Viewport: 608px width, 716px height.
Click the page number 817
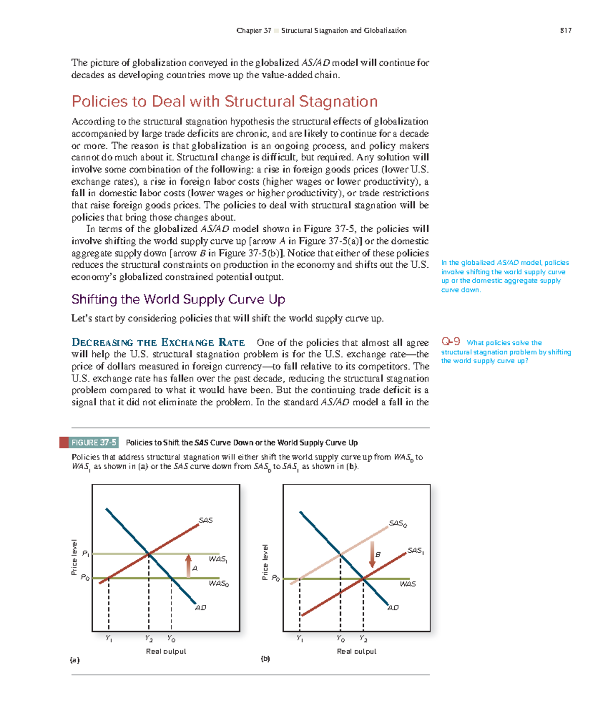pyautogui.click(x=565, y=30)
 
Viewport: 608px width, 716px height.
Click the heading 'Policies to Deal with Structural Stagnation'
pyautogui.click(x=224, y=101)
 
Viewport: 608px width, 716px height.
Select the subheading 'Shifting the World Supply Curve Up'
pyautogui.click(x=178, y=299)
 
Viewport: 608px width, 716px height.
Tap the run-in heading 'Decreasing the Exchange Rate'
pyautogui.click(x=158, y=342)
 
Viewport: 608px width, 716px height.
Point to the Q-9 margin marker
pyautogui.click(x=450, y=342)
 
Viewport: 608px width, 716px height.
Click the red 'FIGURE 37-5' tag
pyautogui.click(x=93, y=442)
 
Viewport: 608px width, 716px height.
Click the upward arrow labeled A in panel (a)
pyautogui.click(x=188, y=565)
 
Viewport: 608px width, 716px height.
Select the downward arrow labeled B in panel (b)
pyautogui.click(x=372, y=554)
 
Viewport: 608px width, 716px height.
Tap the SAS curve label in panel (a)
pyautogui.click(x=206, y=520)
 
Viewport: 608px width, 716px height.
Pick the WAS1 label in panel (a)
pyautogui.click(x=218, y=559)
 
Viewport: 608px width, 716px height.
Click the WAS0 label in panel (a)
pyautogui.click(x=219, y=584)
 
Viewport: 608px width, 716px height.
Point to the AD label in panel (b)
pyautogui.click(x=393, y=607)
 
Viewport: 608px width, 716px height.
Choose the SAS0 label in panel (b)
pyautogui.click(x=398, y=523)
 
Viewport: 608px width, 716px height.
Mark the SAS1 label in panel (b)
pyautogui.click(x=415, y=550)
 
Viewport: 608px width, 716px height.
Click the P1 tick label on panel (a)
pyautogui.click(x=86, y=553)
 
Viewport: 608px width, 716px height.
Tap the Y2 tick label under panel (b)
pyautogui.click(x=363, y=638)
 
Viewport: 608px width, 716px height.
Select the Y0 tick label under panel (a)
pyautogui.click(x=171, y=638)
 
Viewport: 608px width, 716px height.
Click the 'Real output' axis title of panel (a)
pyautogui.click(x=166, y=651)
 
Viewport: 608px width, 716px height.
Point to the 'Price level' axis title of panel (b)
pyautogui.click(x=265, y=562)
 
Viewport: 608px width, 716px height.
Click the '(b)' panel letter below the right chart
pyautogui.click(x=265, y=659)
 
